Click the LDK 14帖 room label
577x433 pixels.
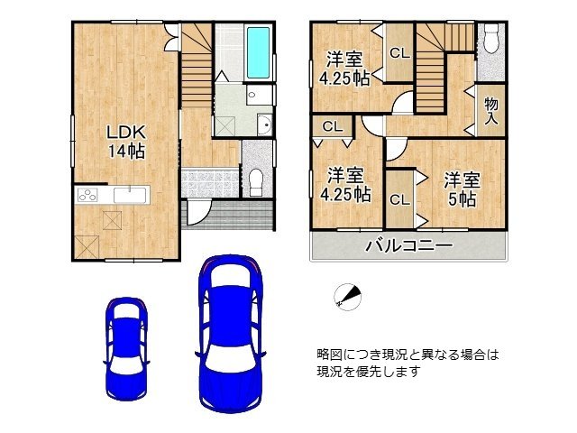click(126, 142)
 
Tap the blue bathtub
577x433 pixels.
click(259, 52)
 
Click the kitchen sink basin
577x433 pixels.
click(131, 195)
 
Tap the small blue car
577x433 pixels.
click(126, 349)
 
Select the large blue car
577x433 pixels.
click(231, 333)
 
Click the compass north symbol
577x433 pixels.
click(347, 297)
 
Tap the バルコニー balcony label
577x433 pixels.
click(408, 245)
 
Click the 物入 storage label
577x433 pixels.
click(491, 111)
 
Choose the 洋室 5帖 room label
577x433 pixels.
click(462, 189)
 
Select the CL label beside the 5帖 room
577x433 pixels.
click(399, 200)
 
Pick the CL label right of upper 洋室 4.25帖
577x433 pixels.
click(399, 53)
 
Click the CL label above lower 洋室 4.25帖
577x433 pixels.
click(333, 126)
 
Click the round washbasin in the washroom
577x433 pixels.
click(264, 124)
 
